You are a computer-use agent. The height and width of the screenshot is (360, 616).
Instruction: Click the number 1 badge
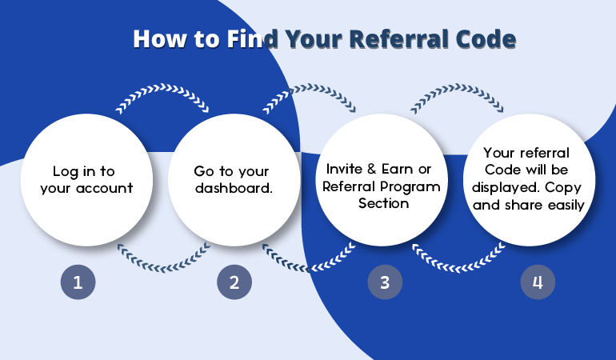78,282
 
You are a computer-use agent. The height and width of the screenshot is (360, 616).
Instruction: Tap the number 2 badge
234,282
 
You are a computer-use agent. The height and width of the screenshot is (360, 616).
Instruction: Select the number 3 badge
384,282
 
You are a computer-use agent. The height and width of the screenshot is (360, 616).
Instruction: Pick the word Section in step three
383,203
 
